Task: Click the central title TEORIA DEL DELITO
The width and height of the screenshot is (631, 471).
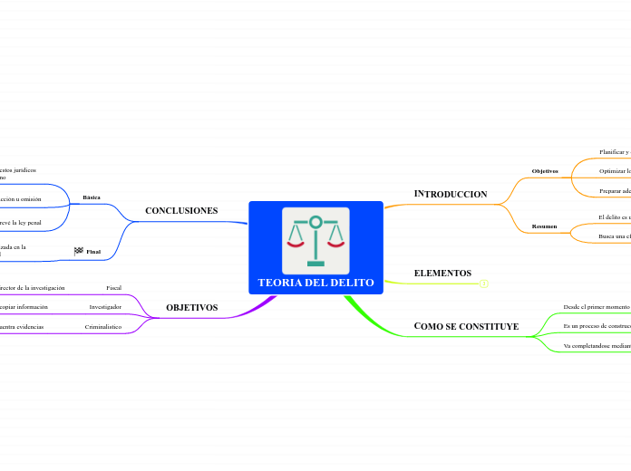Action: pyautogui.click(x=315, y=283)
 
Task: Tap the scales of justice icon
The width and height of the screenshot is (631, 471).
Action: pyautogui.click(x=315, y=239)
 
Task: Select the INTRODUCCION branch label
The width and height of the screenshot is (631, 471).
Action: pyautogui.click(x=451, y=194)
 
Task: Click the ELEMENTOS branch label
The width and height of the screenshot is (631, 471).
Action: pyautogui.click(x=442, y=273)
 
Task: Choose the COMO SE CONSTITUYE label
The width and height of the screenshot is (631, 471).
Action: pyautogui.click(x=466, y=326)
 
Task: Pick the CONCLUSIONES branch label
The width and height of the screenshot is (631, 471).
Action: pyautogui.click(x=181, y=210)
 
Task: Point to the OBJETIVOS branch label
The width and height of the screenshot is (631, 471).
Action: pyautogui.click(x=191, y=307)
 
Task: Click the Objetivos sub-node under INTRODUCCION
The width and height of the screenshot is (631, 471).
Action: pyautogui.click(x=545, y=170)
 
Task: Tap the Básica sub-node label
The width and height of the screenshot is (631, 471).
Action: pyautogui.click(x=92, y=197)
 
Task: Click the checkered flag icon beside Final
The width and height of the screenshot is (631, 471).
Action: pyautogui.click(x=78, y=251)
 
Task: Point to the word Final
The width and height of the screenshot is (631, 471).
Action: pyautogui.click(x=93, y=251)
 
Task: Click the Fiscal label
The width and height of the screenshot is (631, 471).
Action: pyautogui.click(x=113, y=287)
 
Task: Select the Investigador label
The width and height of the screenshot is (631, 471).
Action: pyautogui.click(x=105, y=306)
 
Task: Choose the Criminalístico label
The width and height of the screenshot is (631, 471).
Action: pyautogui.click(x=103, y=326)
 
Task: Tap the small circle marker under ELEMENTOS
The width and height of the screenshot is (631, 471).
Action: pyautogui.click(x=484, y=284)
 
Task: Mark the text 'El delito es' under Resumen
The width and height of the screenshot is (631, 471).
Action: pyautogui.click(x=614, y=217)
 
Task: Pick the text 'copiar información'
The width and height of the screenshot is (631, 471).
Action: pyautogui.click(x=24, y=306)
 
